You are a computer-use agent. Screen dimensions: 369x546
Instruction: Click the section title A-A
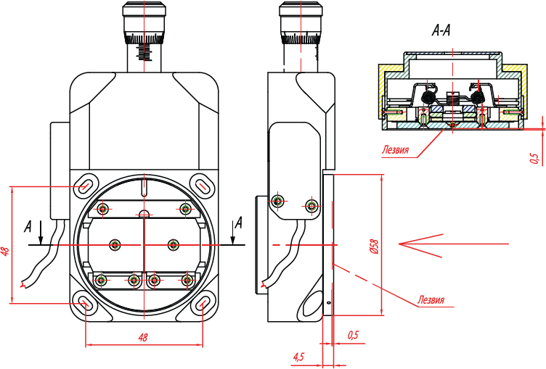(441, 31)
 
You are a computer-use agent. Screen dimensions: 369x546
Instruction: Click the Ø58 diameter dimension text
(374, 246)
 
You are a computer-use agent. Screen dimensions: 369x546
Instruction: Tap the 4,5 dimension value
(298, 357)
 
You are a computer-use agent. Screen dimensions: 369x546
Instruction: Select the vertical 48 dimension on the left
(6, 252)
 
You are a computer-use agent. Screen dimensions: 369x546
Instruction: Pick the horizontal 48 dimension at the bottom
(143, 338)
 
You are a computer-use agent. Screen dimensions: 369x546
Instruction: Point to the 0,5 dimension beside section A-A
(534, 157)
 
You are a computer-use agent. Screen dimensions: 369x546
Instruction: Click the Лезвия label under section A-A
(396, 152)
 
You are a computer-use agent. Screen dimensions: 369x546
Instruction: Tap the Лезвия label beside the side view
(431, 299)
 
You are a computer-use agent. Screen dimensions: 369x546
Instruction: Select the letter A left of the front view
(28, 226)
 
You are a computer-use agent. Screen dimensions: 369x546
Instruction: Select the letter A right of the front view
(239, 221)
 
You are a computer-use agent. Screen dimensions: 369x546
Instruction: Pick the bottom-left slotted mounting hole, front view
(86, 304)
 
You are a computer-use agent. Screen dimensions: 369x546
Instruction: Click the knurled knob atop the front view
(144, 22)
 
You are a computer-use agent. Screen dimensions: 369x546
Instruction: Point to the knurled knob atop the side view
(301, 22)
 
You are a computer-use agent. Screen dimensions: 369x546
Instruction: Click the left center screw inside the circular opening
(114, 244)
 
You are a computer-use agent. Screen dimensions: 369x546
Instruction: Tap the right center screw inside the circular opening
(173, 244)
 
